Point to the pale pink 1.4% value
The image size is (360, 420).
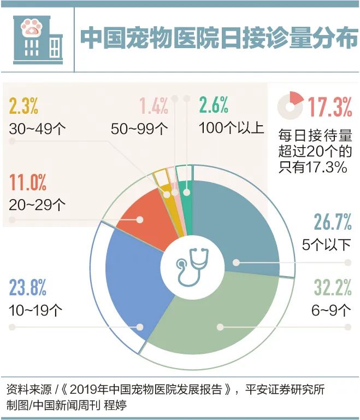[154, 106]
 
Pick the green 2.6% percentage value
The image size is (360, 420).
[214, 106]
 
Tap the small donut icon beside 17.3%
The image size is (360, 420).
[290, 106]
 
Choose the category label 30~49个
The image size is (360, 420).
[37, 129]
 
